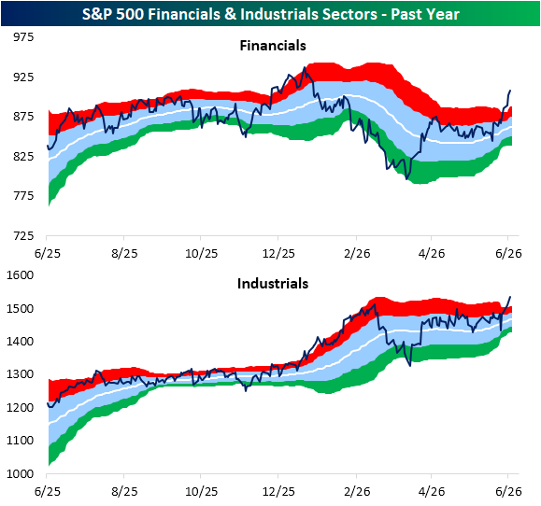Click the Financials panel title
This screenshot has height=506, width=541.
273,46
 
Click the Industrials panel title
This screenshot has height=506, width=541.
273,284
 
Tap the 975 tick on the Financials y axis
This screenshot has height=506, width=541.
23,37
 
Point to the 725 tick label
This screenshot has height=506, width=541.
23,236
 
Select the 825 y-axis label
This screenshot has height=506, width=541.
23,157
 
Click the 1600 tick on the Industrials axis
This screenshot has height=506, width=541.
20,275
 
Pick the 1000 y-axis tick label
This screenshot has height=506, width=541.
20,474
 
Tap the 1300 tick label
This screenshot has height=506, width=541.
20,374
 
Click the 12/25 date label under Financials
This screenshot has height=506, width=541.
278,254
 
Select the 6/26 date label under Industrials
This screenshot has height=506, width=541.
508,491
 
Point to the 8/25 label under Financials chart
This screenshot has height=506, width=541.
124,254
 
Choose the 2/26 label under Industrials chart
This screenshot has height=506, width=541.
357,491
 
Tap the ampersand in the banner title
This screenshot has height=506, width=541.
230,15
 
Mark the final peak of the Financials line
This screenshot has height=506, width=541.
510,91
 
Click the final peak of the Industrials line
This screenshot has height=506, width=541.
510,297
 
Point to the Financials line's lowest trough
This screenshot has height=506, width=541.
407,179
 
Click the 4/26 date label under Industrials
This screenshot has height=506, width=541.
432,491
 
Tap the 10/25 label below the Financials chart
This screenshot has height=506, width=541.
202,254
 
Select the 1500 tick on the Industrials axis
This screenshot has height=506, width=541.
20,308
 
